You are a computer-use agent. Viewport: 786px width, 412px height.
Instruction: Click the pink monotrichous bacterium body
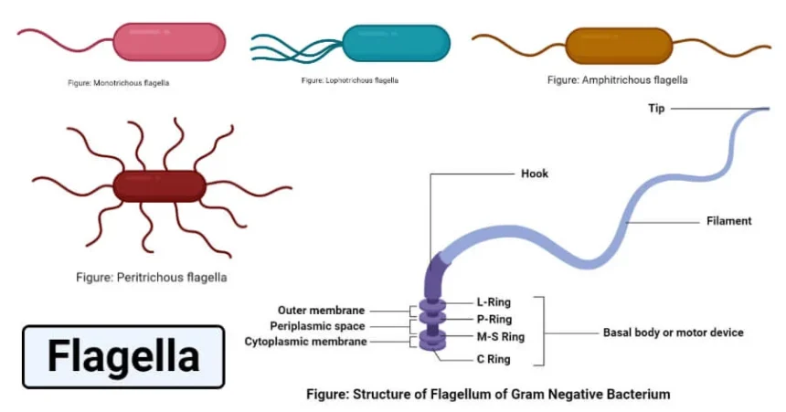pyautogui.click(x=168, y=43)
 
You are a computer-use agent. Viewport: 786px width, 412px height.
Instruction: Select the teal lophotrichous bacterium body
pyautogui.click(x=397, y=43)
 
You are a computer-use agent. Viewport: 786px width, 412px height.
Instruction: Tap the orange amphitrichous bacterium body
pyautogui.click(x=619, y=44)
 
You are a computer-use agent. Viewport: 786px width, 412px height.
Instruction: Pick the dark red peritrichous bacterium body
pyautogui.click(x=160, y=185)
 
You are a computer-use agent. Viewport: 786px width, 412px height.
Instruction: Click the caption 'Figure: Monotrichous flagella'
pyautogui.click(x=119, y=83)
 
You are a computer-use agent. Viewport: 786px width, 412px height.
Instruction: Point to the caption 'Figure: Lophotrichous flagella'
pyautogui.click(x=349, y=80)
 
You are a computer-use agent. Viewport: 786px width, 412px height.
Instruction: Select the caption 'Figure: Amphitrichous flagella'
pyautogui.click(x=617, y=80)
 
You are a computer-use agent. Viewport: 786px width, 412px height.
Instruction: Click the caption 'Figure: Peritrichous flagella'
pyautogui.click(x=151, y=277)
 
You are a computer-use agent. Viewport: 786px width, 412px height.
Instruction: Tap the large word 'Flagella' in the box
pyautogui.click(x=122, y=356)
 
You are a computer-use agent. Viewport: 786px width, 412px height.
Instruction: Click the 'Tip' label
pyautogui.click(x=656, y=108)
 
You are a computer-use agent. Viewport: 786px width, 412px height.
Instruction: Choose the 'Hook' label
pyautogui.click(x=535, y=174)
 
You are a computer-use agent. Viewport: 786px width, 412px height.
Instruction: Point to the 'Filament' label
pyautogui.click(x=729, y=220)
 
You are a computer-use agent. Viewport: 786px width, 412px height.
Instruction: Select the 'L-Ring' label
pyautogui.click(x=494, y=301)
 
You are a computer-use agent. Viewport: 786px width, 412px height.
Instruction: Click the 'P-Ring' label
pyautogui.click(x=494, y=320)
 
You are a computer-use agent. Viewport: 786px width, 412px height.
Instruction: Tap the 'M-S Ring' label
pyautogui.click(x=500, y=337)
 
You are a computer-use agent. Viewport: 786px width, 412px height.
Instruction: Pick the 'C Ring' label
pyautogui.click(x=494, y=359)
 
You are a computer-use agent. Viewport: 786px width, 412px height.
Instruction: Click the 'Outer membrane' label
pyautogui.click(x=322, y=310)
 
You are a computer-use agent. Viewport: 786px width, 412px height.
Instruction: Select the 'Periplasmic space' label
pyautogui.click(x=317, y=326)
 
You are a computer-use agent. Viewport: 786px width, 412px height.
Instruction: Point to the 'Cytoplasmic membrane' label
pyautogui.click(x=306, y=342)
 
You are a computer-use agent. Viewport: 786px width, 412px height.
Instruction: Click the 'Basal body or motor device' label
pyautogui.click(x=673, y=333)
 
